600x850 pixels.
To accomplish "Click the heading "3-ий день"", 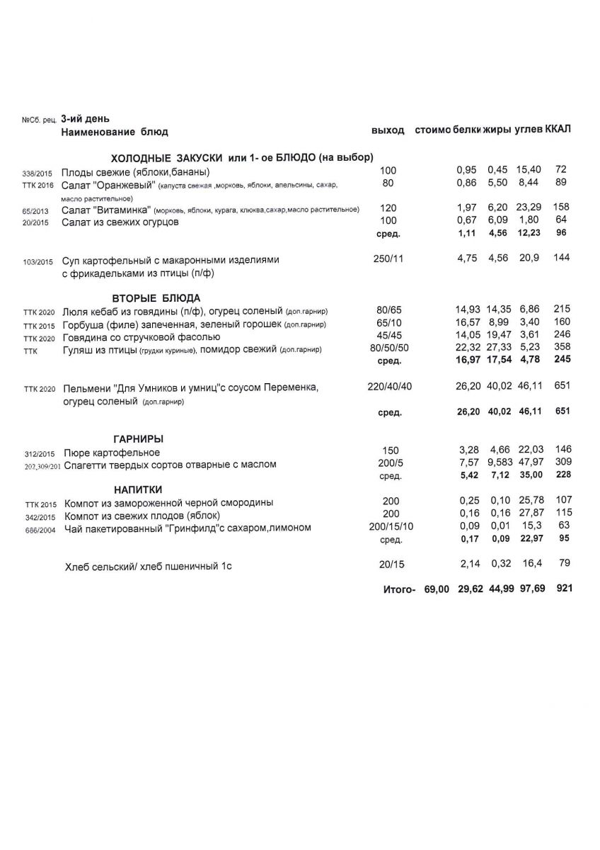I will [86, 119].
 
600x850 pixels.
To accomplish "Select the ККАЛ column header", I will [558, 130].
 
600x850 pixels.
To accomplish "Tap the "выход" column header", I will [388, 131].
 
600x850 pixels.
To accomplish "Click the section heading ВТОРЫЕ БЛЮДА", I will [156, 298].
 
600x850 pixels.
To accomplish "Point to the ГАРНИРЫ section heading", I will [139, 439].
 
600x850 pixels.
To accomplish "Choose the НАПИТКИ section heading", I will [138, 489].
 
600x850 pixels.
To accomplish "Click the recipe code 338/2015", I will [37, 172].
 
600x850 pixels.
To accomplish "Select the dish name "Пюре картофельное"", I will [112, 453].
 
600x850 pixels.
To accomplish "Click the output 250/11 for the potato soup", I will [388, 259].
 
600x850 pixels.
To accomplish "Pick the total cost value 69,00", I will [437, 589].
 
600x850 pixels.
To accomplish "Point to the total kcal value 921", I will [563, 589].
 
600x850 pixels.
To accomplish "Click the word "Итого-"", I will [399, 589].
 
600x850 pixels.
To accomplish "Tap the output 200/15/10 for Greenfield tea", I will [391, 528].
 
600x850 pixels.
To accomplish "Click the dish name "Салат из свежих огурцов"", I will [120, 222].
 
